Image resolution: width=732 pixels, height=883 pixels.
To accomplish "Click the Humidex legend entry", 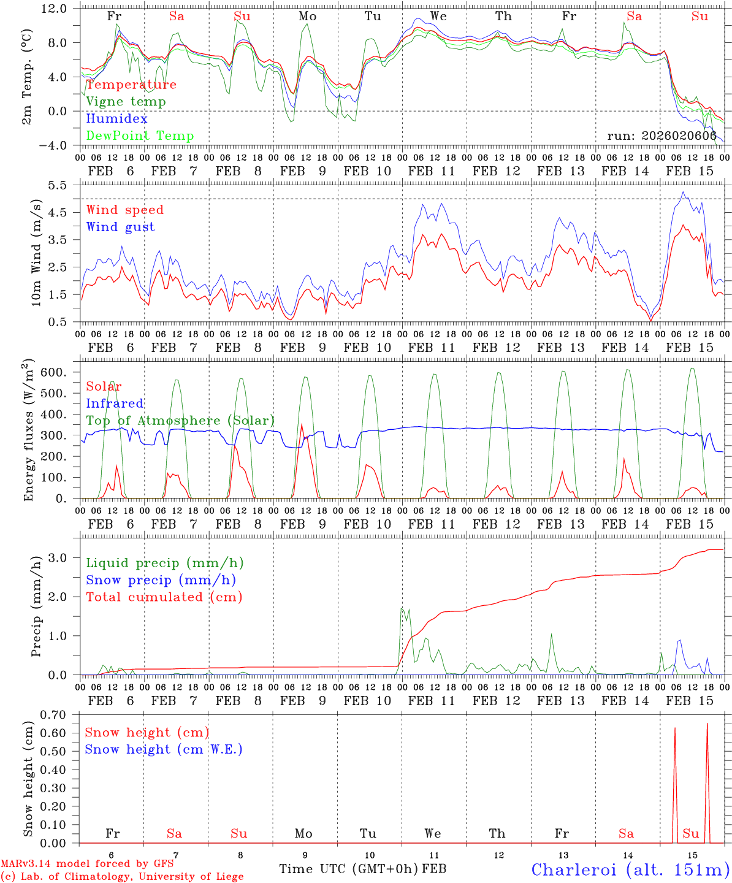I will [x=116, y=118].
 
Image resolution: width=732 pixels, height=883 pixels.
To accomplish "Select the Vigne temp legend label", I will [x=126, y=101].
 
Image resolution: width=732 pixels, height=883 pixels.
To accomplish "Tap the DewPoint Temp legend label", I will [x=140, y=136].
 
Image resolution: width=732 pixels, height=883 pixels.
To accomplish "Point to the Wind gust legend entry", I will [x=120, y=227].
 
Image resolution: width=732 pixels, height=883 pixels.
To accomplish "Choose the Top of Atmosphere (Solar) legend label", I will [x=180, y=421].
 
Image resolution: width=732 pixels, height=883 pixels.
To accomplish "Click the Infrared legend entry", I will [x=115, y=403].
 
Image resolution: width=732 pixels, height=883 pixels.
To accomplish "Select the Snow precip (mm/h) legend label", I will [x=161, y=580].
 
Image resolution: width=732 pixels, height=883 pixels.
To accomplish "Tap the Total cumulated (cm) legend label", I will [x=164, y=597].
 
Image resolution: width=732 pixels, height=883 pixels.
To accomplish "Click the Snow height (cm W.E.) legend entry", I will [x=164, y=749].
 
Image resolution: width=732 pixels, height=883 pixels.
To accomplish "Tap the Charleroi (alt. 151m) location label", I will [x=630, y=870].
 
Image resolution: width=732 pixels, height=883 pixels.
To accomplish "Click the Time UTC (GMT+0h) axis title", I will [x=349, y=869].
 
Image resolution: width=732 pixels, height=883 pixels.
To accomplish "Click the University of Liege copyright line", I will [x=122, y=876].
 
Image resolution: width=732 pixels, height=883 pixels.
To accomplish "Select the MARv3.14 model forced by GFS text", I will [x=87, y=863].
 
